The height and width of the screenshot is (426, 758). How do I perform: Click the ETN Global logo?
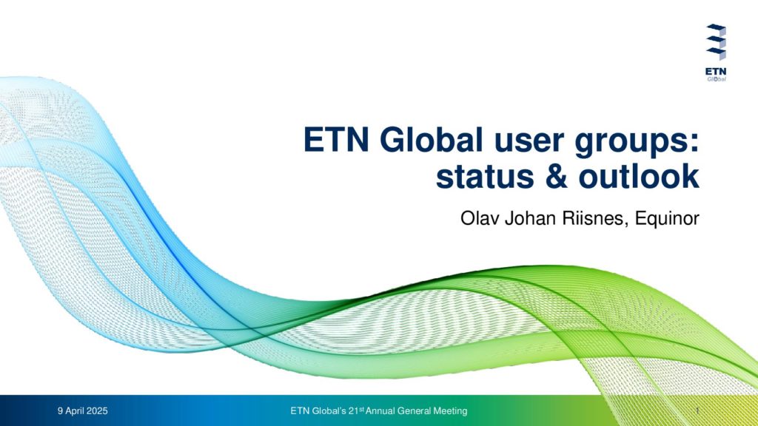[x=716, y=53]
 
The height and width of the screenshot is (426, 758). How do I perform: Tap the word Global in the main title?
[x=432, y=140]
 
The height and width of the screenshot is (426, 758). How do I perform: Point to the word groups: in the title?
[x=637, y=144]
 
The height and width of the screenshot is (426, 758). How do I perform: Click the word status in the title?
[x=485, y=177]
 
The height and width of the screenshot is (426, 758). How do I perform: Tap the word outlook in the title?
[x=639, y=176]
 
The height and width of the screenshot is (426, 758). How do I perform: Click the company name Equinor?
[x=667, y=219]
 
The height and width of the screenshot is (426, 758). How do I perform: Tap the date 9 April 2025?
[x=83, y=411]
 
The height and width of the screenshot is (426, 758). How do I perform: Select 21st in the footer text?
[x=356, y=410]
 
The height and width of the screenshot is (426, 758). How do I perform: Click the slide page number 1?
[x=697, y=411]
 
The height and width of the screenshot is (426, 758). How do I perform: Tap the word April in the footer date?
[x=75, y=411]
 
